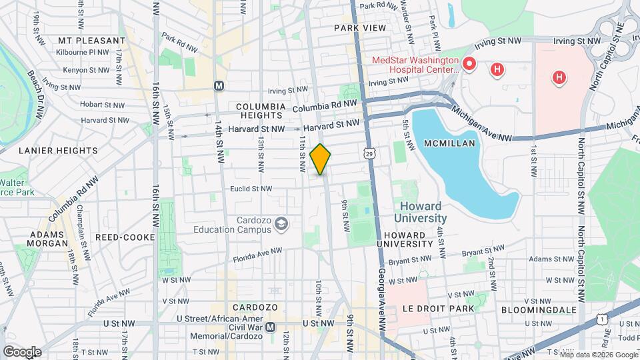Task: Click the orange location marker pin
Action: (321, 159)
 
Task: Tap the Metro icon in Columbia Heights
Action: (218, 85)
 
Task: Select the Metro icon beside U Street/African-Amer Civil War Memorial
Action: (270, 327)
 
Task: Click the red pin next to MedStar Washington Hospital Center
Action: (469, 64)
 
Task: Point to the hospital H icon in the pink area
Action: (559, 78)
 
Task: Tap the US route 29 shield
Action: (369, 153)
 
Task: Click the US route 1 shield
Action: (602, 319)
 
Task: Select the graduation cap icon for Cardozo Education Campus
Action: (282, 223)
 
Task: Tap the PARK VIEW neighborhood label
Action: (360, 27)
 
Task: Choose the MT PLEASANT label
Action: (83, 40)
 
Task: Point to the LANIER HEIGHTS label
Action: (58, 151)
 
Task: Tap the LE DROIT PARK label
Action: (438, 309)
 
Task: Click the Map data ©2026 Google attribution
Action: (597, 355)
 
